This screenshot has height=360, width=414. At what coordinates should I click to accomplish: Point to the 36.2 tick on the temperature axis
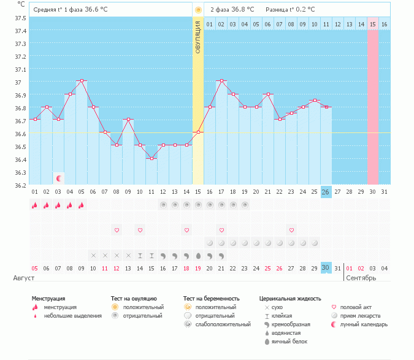[20, 185]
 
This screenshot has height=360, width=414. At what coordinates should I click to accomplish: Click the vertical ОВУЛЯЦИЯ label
[198, 37]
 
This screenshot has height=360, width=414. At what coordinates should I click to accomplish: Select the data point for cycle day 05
[82, 80]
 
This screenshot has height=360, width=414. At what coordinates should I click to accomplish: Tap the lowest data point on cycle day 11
[151, 158]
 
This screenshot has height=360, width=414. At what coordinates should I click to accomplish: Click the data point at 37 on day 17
[221, 80]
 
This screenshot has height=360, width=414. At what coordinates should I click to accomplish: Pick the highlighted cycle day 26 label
[326, 192]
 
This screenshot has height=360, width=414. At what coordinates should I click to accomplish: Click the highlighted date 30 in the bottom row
[326, 268]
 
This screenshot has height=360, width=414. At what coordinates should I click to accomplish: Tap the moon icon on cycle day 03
[59, 178]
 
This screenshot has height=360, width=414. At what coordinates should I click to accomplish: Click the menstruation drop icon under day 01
[35, 205]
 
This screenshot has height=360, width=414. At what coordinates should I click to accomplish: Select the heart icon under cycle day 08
[117, 230]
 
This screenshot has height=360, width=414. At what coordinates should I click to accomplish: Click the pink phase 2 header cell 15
[373, 24]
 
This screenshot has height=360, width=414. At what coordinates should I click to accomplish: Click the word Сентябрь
[361, 278]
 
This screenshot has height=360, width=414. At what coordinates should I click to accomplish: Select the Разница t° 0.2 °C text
[290, 10]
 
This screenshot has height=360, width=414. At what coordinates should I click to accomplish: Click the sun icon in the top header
[197, 10]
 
